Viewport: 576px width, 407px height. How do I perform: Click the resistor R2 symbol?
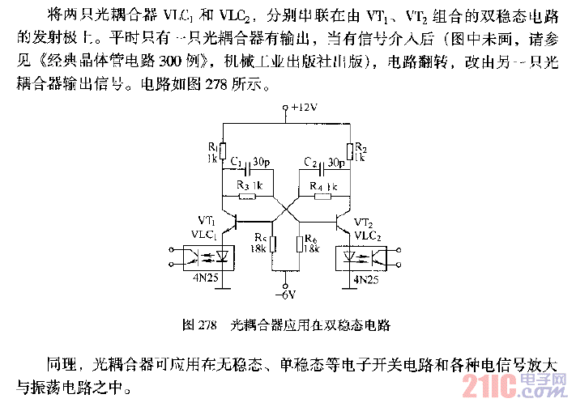tap(350, 151)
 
